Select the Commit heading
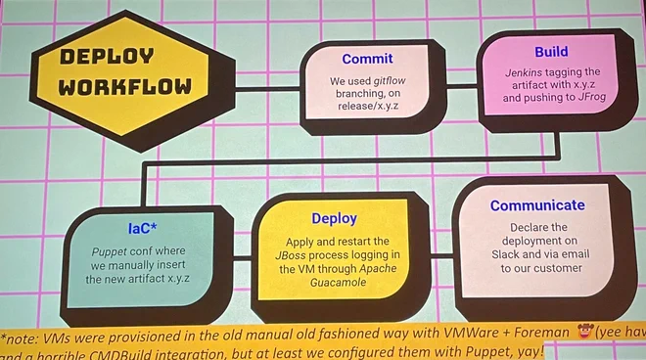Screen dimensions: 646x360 point(367,60)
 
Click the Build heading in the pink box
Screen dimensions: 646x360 point(551,52)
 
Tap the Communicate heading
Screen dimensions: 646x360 point(537,205)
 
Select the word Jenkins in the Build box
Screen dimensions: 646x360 point(528,72)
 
